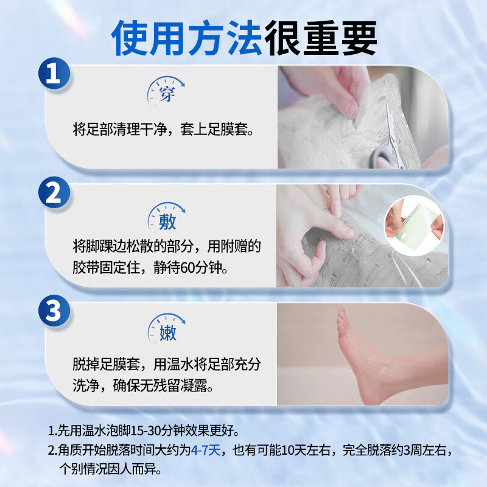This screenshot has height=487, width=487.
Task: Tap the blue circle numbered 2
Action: click(54, 194)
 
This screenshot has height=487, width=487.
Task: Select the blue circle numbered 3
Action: click(54, 311)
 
